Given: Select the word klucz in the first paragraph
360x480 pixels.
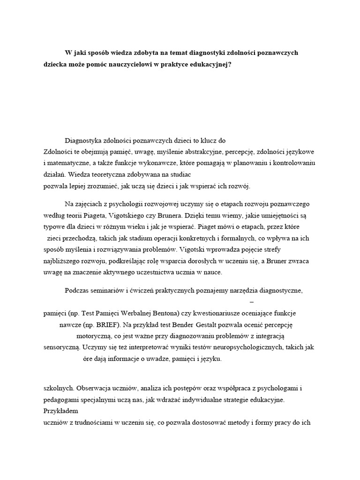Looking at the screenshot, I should point(204,140).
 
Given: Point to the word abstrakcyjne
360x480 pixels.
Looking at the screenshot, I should point(200,152).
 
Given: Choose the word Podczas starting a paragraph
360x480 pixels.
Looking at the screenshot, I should point(77,291).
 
